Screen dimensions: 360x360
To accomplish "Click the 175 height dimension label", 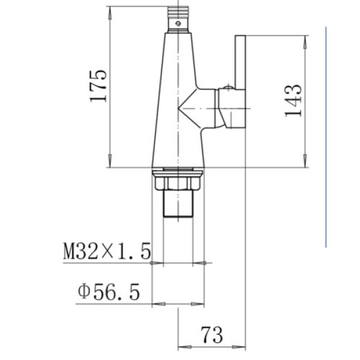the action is click(x=98, y=86).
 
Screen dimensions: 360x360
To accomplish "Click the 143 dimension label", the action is click(x=293, y=101).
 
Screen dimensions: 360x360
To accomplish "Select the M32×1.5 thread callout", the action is click(x=107, y=251).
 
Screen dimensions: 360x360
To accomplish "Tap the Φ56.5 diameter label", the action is click(x=109, y=292).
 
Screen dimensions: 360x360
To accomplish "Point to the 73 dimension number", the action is click(x=212, y=335).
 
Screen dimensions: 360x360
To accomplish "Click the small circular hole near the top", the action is click(x=178, y=23).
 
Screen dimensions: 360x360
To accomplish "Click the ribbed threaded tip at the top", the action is click(x=178, y=11).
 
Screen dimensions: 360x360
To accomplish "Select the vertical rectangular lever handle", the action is click(x=240, y=62).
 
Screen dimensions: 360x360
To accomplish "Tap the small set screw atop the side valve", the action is click(x=228, y=87).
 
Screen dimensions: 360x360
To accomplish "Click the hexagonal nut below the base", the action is click(x=178, y=183).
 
